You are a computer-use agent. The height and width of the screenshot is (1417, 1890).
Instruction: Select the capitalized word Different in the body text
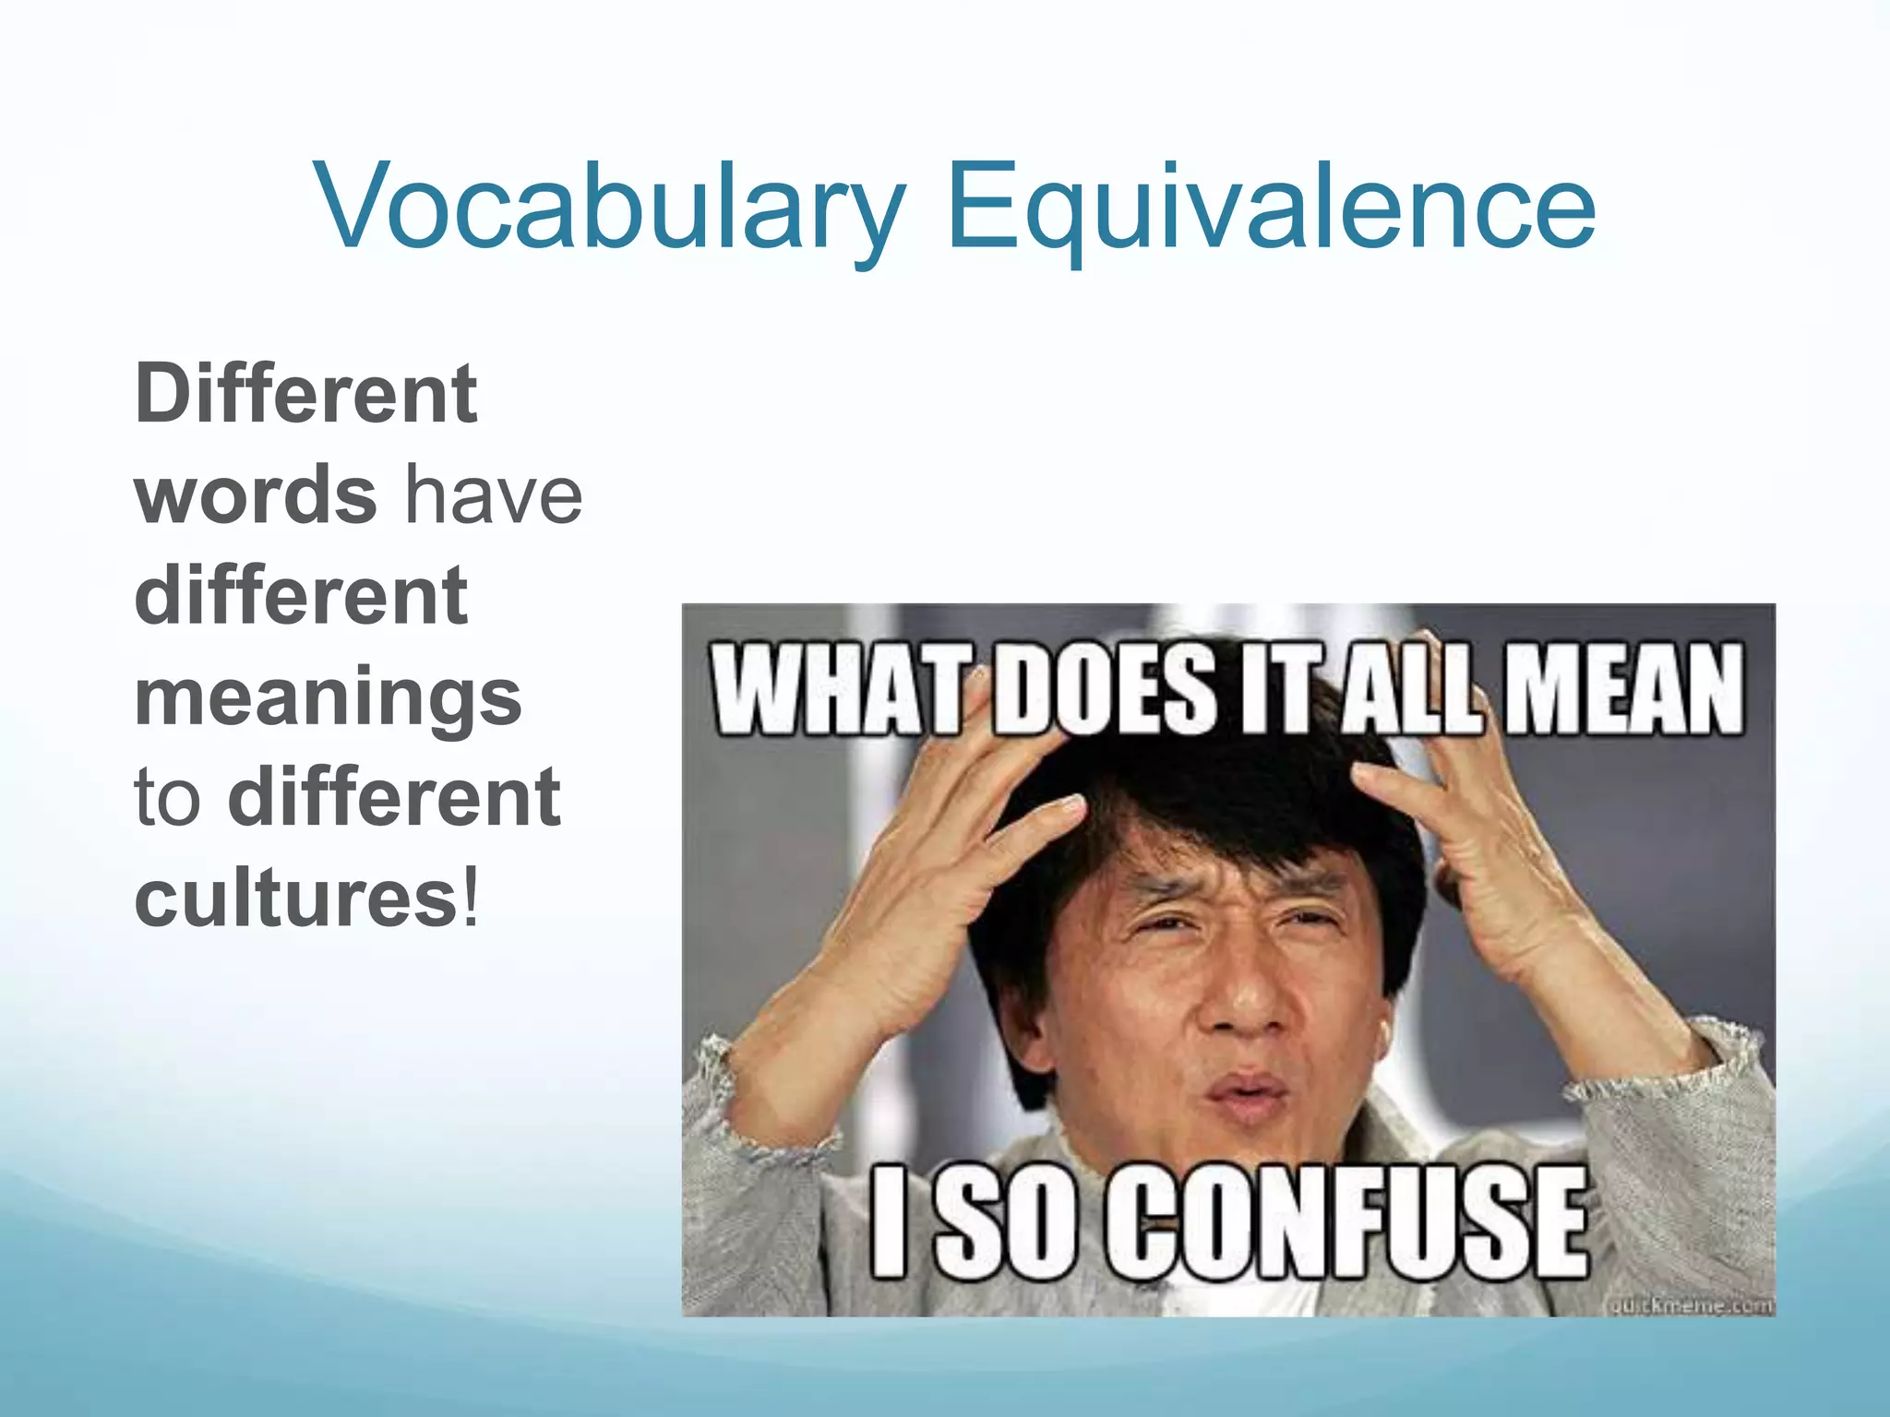[x=306, y=394]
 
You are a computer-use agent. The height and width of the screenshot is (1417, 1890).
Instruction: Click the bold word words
[x=256, y=495]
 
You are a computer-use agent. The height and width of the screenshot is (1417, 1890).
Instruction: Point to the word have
[x=496, y=495]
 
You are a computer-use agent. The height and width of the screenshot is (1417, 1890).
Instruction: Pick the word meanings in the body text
[x=329, y=697]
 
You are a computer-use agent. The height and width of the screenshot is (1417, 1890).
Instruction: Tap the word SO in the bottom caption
[x=1003, y=1222]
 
